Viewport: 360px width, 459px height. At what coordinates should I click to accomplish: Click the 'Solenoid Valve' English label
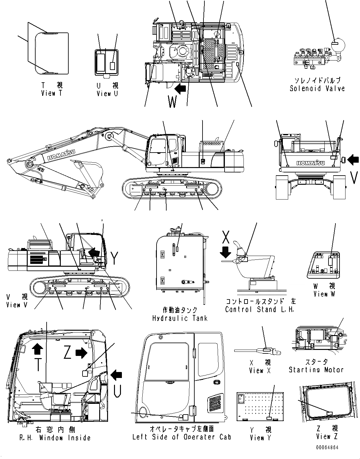(317, 89)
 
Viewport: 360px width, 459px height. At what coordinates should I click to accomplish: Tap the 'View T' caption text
(53, 93)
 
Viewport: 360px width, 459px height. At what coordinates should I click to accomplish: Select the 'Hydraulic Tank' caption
(180, 318)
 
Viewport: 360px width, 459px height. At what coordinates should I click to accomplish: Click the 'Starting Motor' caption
(316, 370)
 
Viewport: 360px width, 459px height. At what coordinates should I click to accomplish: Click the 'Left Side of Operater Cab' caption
(182, 437)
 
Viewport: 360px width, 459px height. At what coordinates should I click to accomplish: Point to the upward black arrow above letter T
(38, 350)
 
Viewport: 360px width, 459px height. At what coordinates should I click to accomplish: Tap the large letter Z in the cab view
(67, 354)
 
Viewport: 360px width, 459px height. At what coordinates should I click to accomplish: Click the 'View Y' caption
(260, 438)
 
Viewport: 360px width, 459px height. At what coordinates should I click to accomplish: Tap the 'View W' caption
(325, 294)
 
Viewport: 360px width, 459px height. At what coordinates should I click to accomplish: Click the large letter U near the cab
(117, 392)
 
